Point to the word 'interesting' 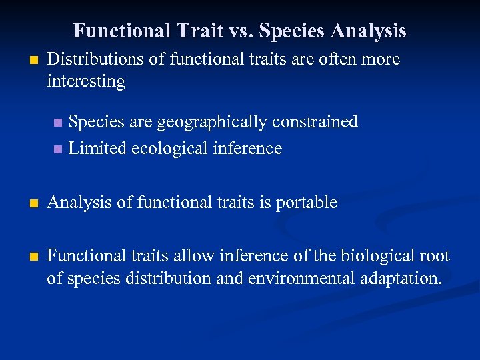[x=86, y=81]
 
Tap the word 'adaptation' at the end [x=397, y=278]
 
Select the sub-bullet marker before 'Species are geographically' [x=57, y=123]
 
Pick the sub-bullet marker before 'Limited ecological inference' [x=57, y=149]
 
